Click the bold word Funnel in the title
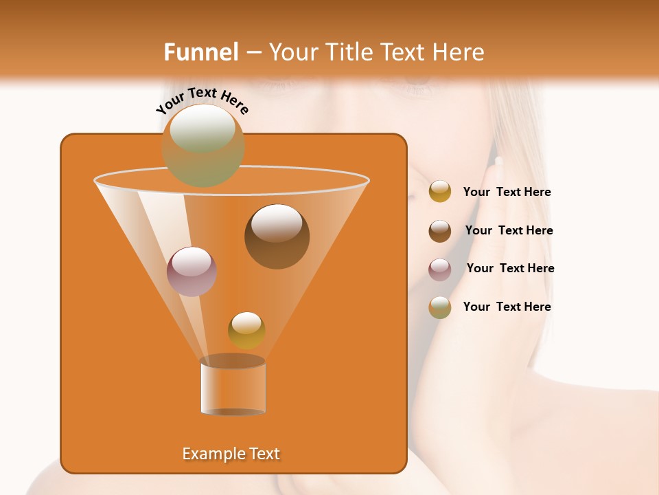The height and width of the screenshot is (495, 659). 200,52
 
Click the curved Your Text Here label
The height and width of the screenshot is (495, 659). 202,101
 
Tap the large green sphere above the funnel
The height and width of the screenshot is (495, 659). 203,144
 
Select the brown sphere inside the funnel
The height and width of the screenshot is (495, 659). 277,236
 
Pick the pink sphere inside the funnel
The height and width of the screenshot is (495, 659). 192,272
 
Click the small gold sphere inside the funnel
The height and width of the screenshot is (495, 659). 246,331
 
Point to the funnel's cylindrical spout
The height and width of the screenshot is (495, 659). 233,387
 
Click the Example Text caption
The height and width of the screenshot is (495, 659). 231,454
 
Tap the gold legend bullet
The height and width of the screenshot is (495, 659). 440,192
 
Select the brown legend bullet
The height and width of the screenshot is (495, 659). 440,231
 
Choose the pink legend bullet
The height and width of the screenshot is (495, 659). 440,269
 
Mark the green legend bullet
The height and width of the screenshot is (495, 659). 440,307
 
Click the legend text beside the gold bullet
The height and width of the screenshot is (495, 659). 507,192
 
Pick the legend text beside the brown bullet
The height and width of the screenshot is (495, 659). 509,231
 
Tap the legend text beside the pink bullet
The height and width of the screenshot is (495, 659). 510,269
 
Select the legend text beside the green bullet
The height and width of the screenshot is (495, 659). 507,307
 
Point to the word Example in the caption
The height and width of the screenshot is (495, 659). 208,454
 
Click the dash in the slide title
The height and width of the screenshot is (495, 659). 253,52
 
